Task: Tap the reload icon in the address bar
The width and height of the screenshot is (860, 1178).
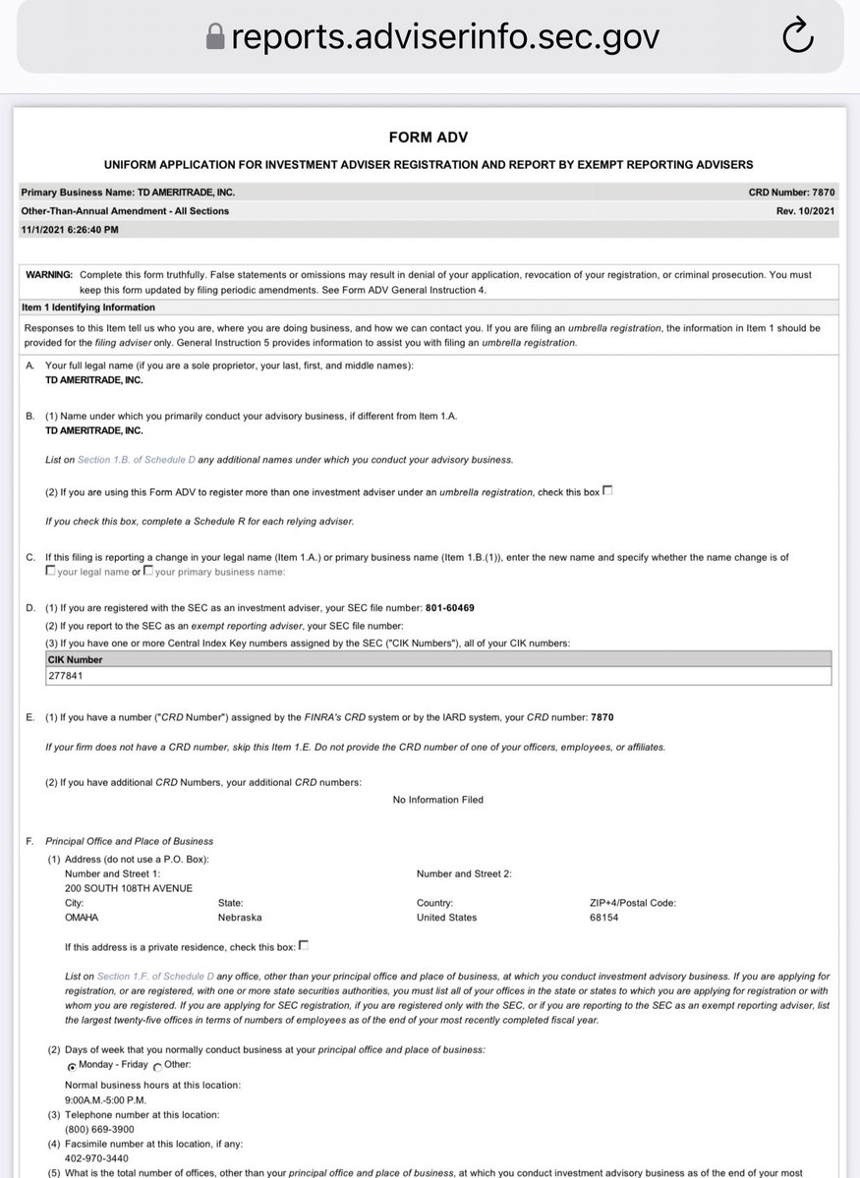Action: pyautogui.click(x=798, y=37)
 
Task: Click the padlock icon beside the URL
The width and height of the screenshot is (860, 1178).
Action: pyautogui.click(x=215, y=37)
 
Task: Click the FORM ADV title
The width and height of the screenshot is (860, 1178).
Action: pyautogui.click(x=429, y=138)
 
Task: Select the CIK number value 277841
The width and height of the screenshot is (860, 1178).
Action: pyautogui.click(x=66, y=676)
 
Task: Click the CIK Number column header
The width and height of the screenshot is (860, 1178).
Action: pyautogui.click(x=76, y=659)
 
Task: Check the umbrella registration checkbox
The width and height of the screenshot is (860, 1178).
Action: pyautogui.click(x=607, y=490)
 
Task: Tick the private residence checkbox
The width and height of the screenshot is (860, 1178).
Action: pyautogui.click(x=304, y=945)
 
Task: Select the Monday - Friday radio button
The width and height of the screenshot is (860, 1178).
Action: pyautogui.click(x=72, y=1066)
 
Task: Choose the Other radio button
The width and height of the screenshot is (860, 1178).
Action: pyautogui.click(x=158, y=1066)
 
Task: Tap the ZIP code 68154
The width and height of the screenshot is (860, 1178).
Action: pyautogui.click(x=603, y=918)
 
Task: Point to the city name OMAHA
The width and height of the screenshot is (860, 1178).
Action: pyautogui.click(x=82, y=918)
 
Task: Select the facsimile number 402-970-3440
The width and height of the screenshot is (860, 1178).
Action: pyautogui.click(x=95, y=1158)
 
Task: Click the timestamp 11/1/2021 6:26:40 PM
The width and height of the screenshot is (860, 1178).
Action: pyautogui.click(x=70, y=229)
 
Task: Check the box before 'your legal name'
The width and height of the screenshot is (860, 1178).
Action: pyautogui.click(x=50, y=571)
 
